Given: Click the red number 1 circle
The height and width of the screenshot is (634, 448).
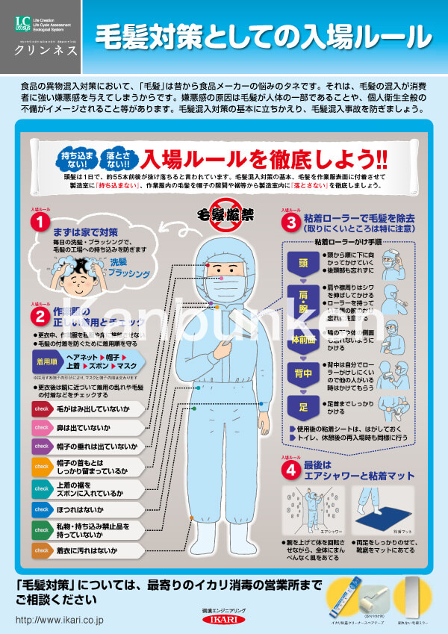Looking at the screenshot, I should (40, 222).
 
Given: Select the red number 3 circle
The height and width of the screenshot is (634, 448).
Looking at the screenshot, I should (290, 222).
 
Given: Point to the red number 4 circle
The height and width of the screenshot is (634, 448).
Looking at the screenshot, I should (290, 470).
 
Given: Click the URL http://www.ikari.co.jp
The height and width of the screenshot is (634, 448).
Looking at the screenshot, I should (60, 620).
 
